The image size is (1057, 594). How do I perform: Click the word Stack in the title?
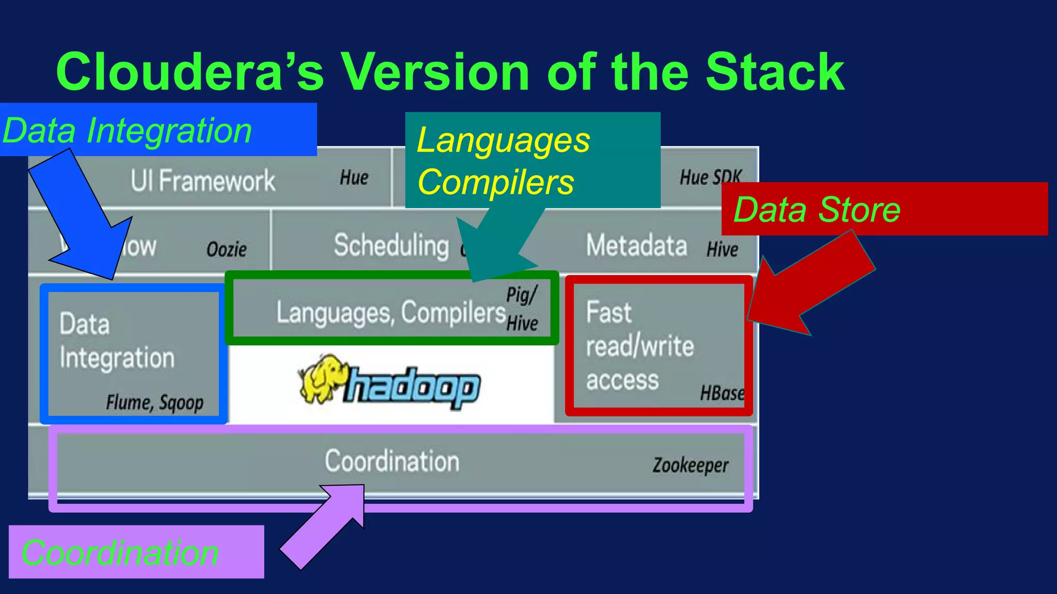pos(774,72)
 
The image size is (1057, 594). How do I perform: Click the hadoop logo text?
pos(413,387)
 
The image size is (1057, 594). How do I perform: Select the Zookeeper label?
pos(690,465)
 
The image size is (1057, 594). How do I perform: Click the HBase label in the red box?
pos(722,393)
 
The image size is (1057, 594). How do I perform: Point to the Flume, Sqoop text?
pos(154,402)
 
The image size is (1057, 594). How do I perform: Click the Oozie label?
pos(226,250)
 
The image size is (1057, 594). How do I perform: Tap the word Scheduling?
pos(391,245)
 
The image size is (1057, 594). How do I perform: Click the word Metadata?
pos(636,245)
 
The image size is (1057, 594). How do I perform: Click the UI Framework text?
pos(202,181)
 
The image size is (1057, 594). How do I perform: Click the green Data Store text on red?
pos(816,210)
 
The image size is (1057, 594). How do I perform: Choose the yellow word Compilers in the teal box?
pos(495,183)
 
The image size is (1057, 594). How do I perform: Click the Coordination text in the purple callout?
pos(120,553)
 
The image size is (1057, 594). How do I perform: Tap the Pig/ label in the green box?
pos(521,295)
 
